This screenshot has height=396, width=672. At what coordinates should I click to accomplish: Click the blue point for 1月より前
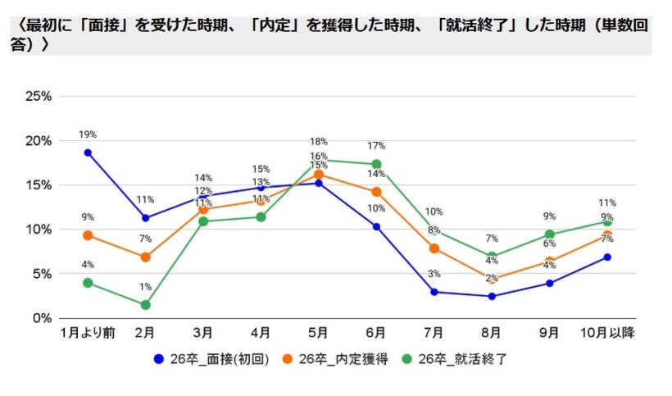click(88, 152)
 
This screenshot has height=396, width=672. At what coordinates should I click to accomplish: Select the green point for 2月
click(145, 305)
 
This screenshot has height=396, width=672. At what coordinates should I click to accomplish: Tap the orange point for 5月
click(319, 175)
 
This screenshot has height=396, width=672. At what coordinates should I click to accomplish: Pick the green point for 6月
click(376, 164)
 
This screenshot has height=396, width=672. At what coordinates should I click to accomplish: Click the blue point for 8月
click(492, 296)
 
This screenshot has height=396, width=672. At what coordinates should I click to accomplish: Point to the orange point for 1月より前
click(88, 235)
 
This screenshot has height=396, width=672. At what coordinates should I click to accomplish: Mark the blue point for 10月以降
click(607, 257)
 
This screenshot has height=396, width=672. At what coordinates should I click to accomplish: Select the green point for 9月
click(550, 234)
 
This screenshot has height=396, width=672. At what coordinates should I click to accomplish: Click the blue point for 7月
click(434, 292)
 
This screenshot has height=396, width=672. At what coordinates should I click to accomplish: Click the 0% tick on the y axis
click(41, 318)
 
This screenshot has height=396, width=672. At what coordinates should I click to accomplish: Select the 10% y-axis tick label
click(39, 230)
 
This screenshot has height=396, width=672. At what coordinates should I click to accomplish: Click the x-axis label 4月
click(261, 333)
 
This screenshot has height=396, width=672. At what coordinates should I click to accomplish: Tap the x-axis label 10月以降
click(607, 333)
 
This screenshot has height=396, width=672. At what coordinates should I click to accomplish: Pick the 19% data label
click(88, 134)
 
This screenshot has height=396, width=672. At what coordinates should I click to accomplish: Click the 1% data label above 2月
click(145, 286)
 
